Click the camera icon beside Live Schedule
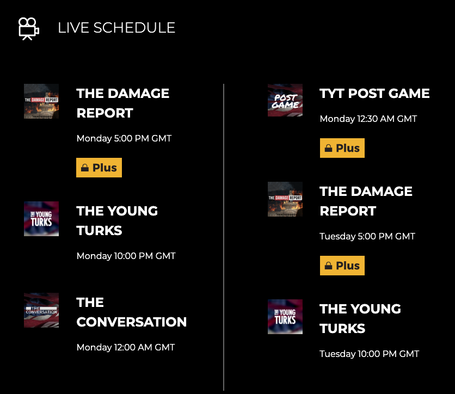(28, 28)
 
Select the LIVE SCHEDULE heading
(116, 28)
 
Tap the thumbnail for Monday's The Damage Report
(41, 101)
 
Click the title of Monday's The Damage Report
(123, 103)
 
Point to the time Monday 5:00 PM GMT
(124, 138)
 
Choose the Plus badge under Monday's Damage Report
(99, 168)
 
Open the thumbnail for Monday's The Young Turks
(41, 219)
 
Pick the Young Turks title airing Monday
(117, 220)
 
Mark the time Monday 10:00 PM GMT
(126, 256)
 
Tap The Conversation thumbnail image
(41, 310)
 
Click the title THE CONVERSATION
(131, 312)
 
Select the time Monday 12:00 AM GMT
(126, 347)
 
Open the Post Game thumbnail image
(285, 100)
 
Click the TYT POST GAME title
(374, 94)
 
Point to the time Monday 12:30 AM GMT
(368, 119)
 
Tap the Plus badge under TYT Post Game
(342, 148)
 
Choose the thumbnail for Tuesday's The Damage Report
(285, 199)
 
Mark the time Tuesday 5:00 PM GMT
(367, 236)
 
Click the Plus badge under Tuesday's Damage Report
(342, 266)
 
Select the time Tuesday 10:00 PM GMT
(369, 354)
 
